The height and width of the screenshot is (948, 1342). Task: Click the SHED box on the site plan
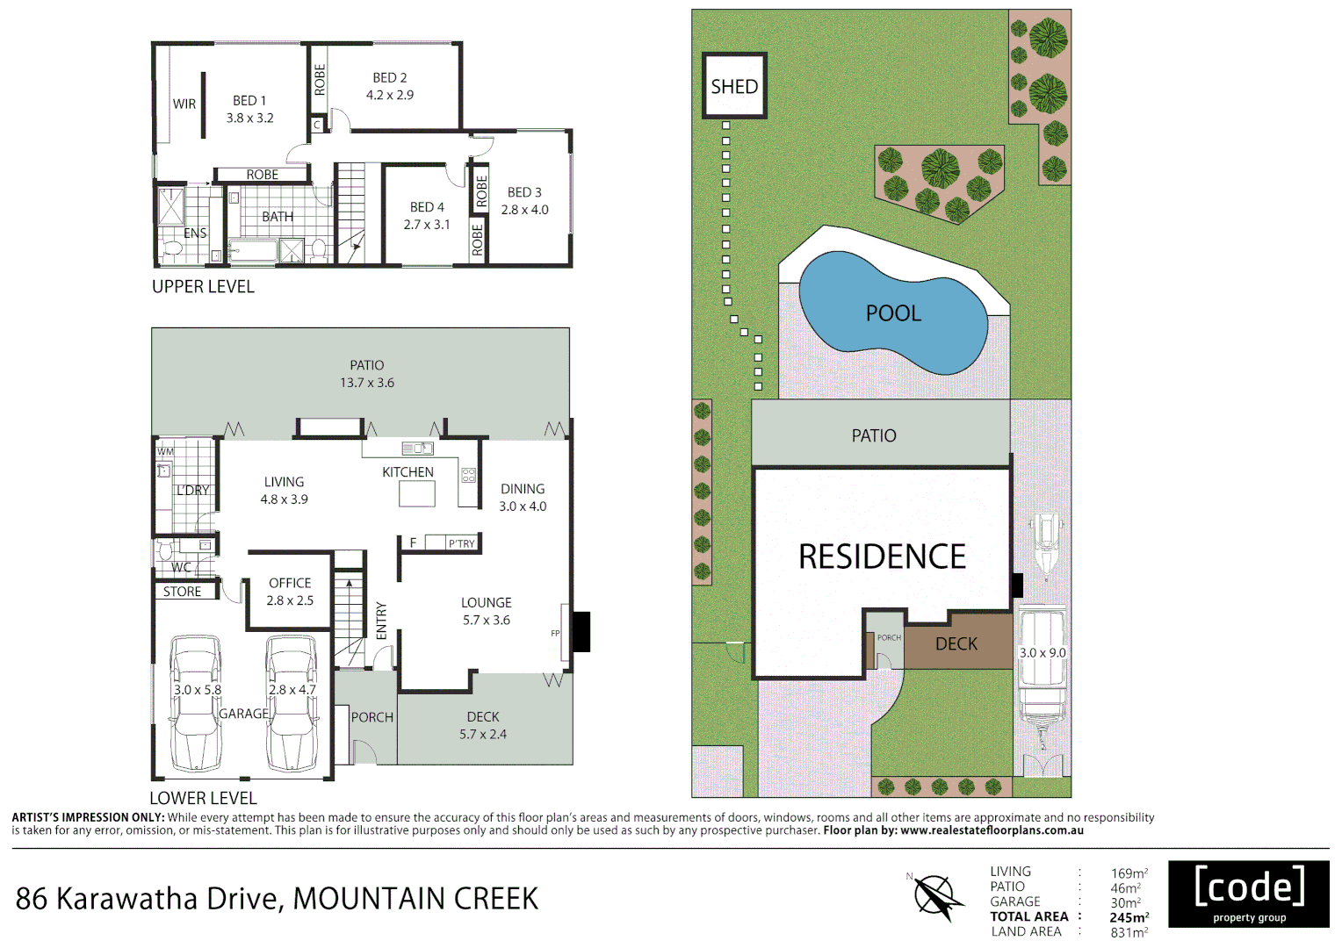[734, 86]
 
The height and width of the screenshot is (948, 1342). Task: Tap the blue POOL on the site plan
[893, 313]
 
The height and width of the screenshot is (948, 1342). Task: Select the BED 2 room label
[389, 78]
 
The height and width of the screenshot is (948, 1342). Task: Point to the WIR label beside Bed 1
[184, 104]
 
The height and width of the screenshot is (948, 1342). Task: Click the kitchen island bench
[417, 494]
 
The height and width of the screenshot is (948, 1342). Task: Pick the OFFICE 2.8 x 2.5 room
[290, 592]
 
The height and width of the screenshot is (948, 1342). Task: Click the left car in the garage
[195, 704]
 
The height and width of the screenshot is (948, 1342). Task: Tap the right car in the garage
[291, 704]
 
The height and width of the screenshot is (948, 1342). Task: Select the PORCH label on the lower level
[372, 717]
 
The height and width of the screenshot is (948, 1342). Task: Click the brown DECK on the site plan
[956, 643]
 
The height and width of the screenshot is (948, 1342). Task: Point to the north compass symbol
[934, 898]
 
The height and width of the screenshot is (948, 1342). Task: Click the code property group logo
[1249, 894]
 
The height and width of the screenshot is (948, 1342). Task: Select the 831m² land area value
[1129, 932]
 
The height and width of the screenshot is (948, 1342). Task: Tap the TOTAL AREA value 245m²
[1129, 917]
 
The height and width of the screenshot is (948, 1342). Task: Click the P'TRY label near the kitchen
[461, 543]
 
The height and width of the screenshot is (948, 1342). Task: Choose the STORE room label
[182, 592]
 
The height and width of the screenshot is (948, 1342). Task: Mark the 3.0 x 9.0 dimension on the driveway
[1043, 653]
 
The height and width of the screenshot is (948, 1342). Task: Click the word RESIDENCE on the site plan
[882, 557]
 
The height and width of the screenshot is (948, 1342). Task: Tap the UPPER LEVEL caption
[203, 287]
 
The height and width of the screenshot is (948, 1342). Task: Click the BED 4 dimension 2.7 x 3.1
[427, 225]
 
